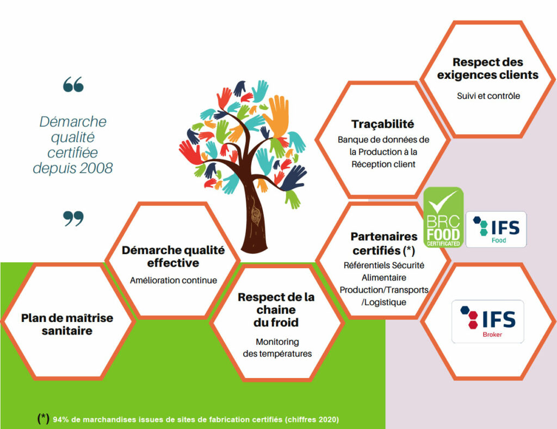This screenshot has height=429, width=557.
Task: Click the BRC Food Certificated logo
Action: click(x=443, y=217)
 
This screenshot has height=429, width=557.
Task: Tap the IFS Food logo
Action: click(x=496, y=229)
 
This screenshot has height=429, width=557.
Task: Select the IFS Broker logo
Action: click(x=488, y=321)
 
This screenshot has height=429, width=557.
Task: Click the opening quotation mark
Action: click(x=73, y=84)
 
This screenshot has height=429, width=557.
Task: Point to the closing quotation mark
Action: click(x=73, y=218)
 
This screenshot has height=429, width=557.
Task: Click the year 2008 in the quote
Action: click(x=96, y=168)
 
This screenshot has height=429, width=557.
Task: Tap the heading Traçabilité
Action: click(x=382, y=124)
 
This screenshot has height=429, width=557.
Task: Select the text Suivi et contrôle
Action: click(x=488, y=96)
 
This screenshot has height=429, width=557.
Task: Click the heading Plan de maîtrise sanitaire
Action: click(x=67, y=324)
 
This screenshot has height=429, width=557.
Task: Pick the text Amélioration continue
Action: click(x=174, y=280)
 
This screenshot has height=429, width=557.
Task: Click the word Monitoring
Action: click(x=277, y=342)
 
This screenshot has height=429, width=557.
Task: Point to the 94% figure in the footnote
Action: click(x=60, y=419)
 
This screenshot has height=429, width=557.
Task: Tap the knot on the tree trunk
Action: click(x=256, y=214)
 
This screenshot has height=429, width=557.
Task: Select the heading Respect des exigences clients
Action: click(x=488, y=68)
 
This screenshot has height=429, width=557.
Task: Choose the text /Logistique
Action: click(x=383, y=302)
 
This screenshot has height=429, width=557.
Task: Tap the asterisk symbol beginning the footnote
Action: click(x=44, y=418)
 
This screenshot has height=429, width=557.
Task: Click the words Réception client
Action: click(x=383, y=164)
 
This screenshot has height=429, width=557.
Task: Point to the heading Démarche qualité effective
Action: click(x=174, y=256)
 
